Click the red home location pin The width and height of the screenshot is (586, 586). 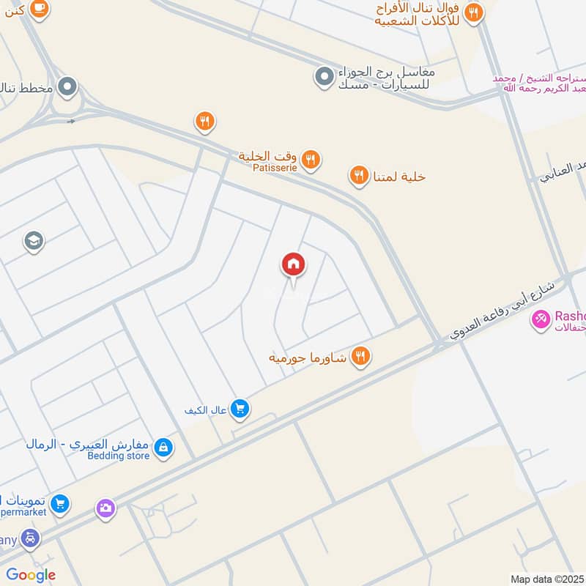point(294,265)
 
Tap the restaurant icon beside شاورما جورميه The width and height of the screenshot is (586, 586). point(360,357)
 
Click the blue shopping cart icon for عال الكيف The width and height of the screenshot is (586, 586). point(240,409)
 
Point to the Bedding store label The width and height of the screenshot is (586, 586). point(119,456)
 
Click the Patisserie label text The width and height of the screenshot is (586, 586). point(275,167)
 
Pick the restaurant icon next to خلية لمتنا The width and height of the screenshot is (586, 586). point(358,176)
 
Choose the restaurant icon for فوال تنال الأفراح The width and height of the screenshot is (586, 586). point(474,12)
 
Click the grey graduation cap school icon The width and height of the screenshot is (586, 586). point(34,240)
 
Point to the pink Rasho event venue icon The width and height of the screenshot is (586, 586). point(541,320)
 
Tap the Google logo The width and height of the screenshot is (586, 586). point(31,575)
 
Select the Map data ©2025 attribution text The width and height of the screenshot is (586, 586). point(547,579)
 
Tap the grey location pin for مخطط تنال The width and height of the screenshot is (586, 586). point(68,88)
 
